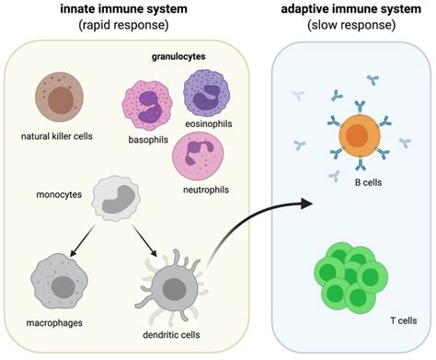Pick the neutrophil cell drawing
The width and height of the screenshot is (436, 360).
click(200, 154)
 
